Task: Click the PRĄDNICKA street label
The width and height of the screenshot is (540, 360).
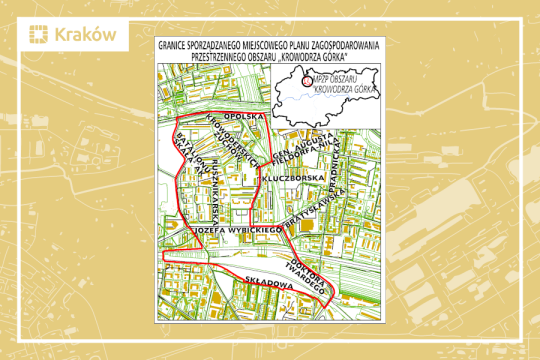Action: pos(338,158)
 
